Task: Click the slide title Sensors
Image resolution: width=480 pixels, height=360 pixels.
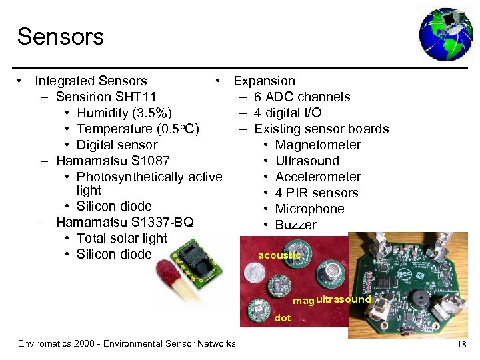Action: pyautogui.click(x=61, y=37)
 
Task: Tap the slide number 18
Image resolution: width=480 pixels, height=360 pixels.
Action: pyautogui.click(x=461, y=344)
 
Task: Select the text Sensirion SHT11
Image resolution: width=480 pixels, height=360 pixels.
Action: pyautogui.click(x=107, y=97)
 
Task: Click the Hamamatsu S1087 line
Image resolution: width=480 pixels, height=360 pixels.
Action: pyautogui.click(x=113, y=161)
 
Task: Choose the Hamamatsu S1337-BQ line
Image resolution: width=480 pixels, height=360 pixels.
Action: pyautogui.click(x=125, y=222)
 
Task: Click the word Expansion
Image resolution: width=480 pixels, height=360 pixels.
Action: pyautogui.click(x=264, y=81)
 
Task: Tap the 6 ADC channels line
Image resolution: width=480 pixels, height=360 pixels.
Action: pyautogui.click(x=302, y=97)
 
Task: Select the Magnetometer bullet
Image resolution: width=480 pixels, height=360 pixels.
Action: pyautogui.click(x=318, y=145)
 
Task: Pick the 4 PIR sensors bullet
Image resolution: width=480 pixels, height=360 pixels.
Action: pyautogui.click(x=317, y=193)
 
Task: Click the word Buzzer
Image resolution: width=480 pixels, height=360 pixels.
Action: pyautogui.click(x=296, y=225)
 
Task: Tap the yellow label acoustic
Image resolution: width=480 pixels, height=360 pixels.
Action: pyautogui.click(x=280, y=255)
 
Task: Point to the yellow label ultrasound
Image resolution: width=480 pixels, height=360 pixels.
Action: pyautogui.click(x=343, y=299)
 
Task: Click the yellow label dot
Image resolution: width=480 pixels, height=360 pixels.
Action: pyautogui.click(x=283, y=318)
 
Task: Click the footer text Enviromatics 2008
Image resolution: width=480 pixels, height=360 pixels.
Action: pyautogui.click(x=127, y=344)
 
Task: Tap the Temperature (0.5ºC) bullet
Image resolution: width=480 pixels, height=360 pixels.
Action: pyautogui.click(x=138, y=129)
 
